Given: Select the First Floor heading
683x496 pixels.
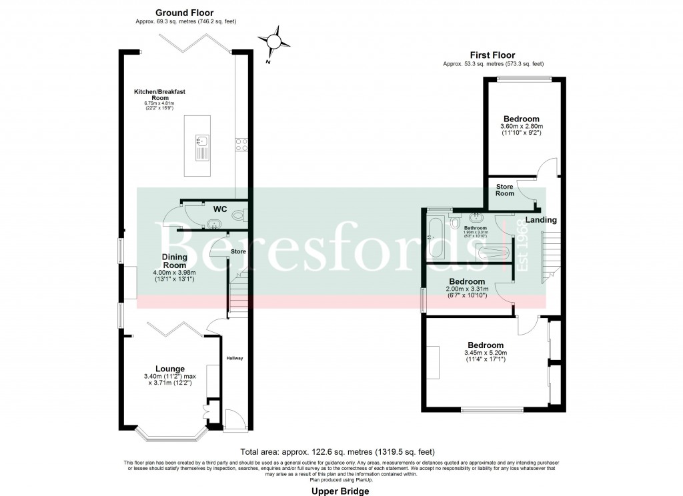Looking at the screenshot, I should (x=493, y=55).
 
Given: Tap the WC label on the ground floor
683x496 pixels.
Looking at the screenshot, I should (x=219, y=209).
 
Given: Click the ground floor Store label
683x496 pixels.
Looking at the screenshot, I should (x=238, y=251).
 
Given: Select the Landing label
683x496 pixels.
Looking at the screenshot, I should (x=540, y=220).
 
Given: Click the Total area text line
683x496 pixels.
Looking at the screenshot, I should (x=341, y=451).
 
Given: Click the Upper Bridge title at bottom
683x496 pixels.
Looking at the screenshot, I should (x=340, y=491).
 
